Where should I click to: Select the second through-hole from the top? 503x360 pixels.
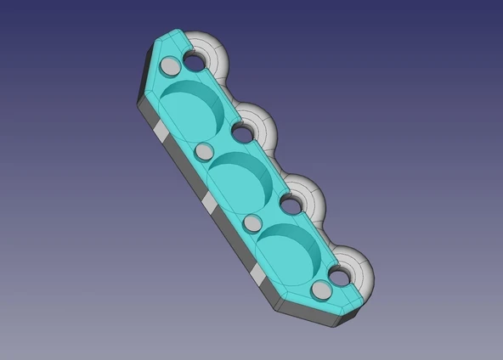click(243, 132)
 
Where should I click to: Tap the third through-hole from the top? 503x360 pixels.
click(291, 204)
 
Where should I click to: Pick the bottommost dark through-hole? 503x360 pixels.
click(341, 276)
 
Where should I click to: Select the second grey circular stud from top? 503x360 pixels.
click(204, 151)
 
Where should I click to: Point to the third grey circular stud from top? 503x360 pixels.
click(253, 223)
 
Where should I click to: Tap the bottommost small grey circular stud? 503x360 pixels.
click(321, 290)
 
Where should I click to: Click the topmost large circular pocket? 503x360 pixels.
click(189, 110)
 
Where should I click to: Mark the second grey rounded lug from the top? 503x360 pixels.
click(263, 126)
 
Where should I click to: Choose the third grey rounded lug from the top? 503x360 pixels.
click(311, 197)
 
